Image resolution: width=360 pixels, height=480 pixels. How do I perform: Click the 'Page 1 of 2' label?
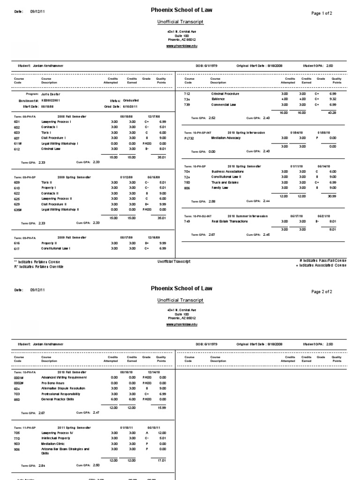tap(322, 13)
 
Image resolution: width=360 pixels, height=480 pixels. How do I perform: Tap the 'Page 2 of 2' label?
tap(322, 292)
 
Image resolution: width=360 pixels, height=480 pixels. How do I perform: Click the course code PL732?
tap(189, 138)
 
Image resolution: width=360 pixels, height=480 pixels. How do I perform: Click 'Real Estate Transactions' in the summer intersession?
tap(230, 221)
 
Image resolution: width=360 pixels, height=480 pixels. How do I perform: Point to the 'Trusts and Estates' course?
tap(225, 182)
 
